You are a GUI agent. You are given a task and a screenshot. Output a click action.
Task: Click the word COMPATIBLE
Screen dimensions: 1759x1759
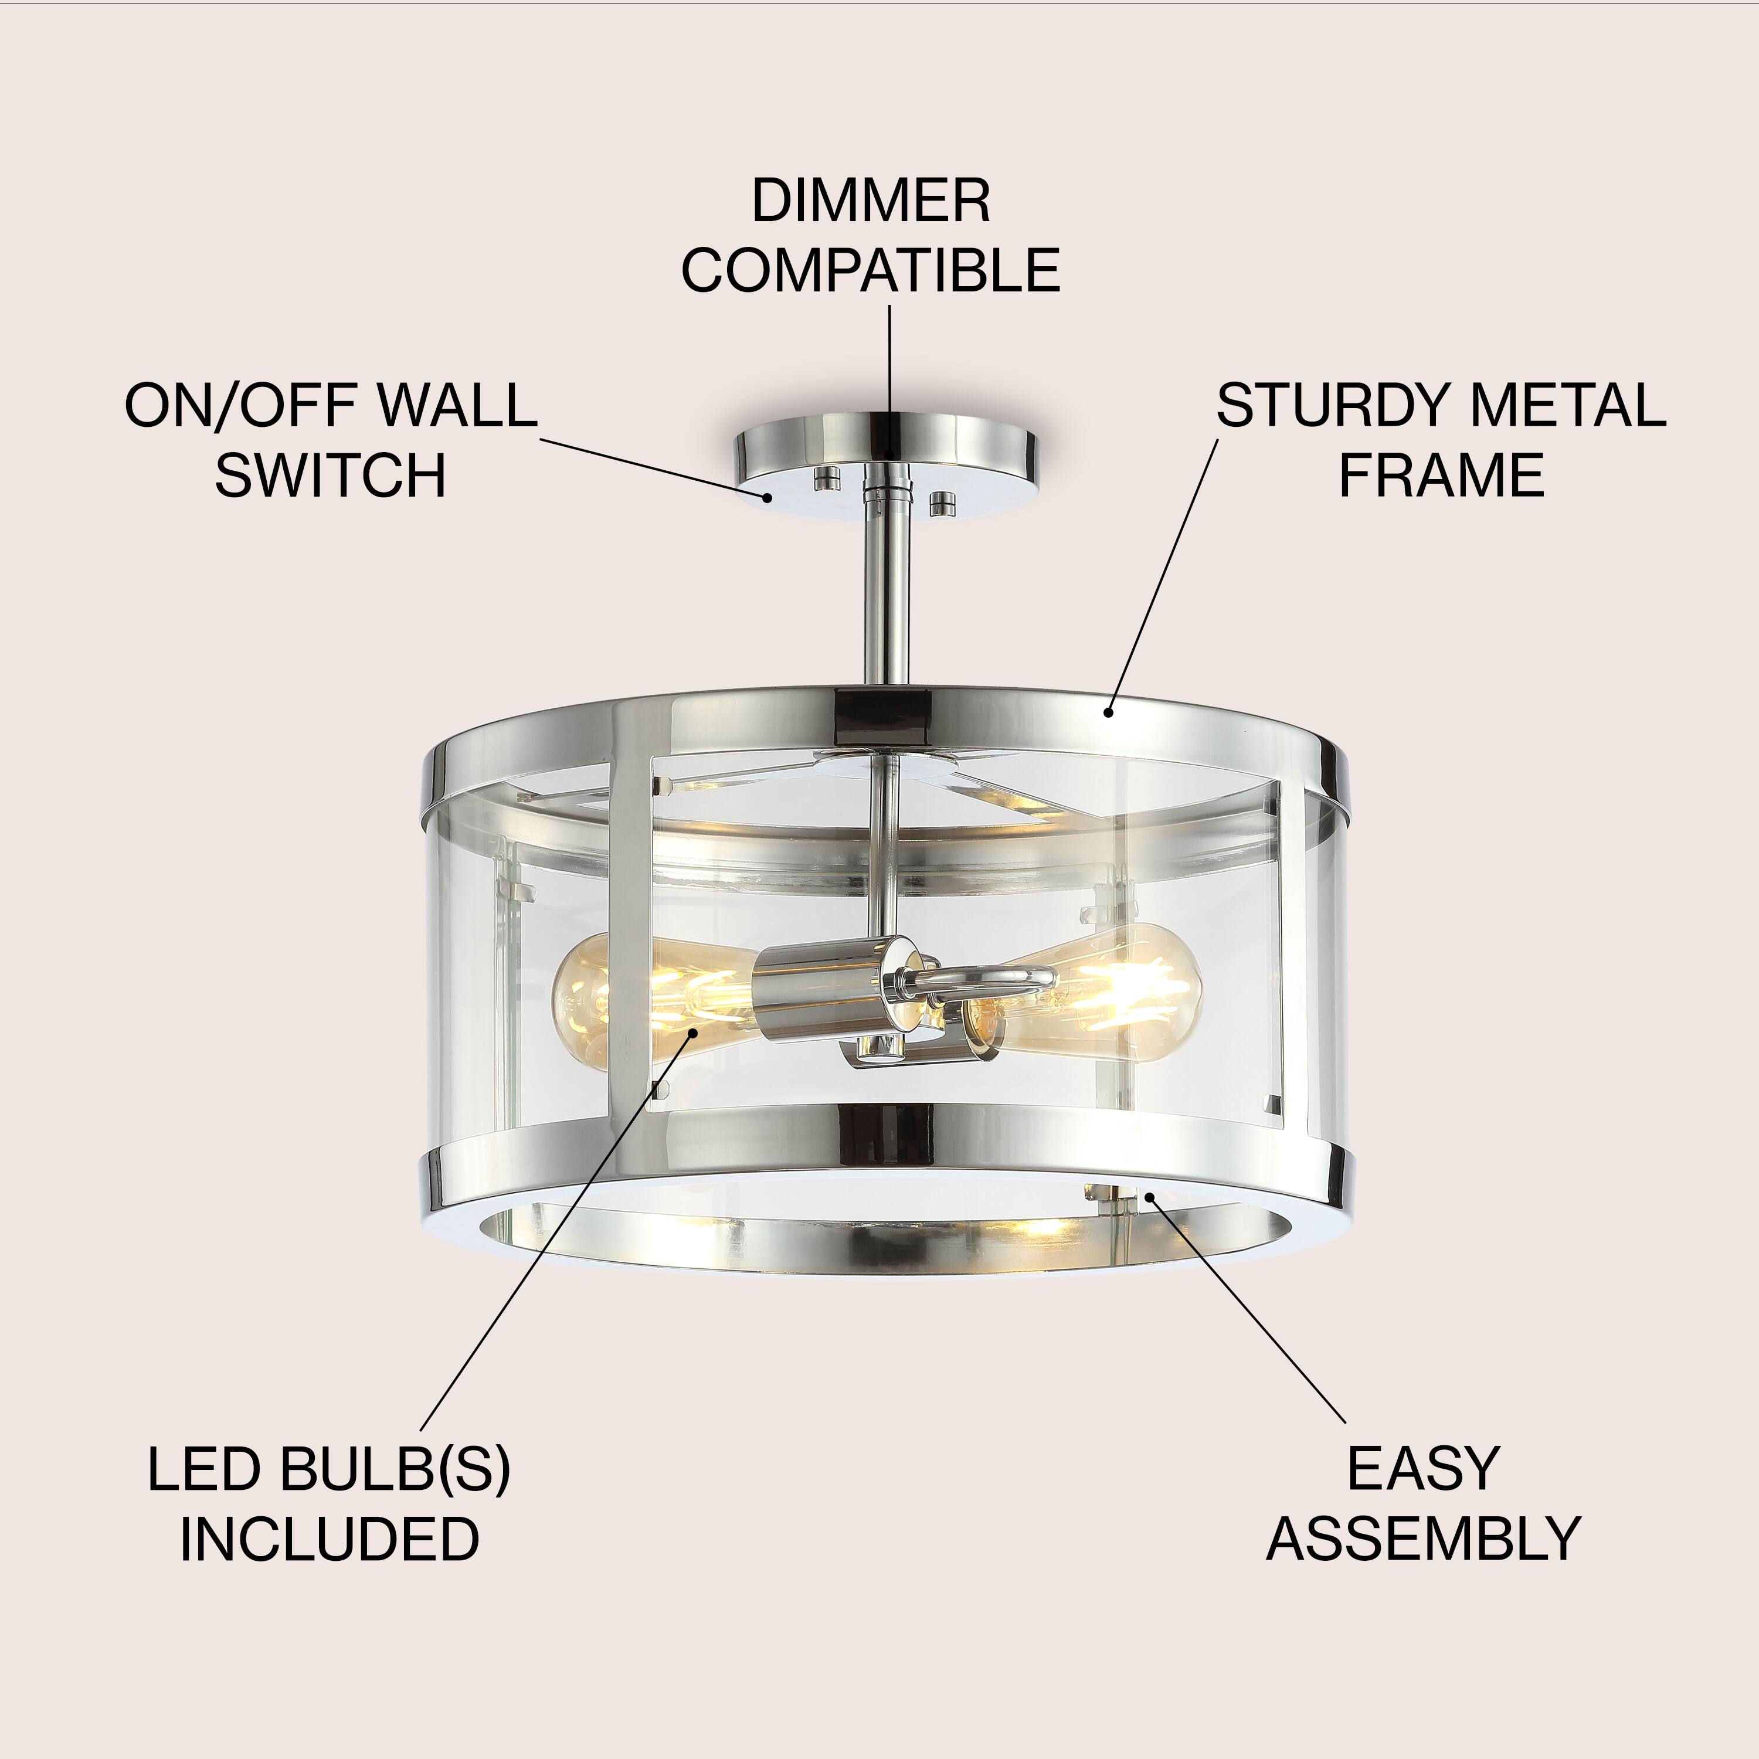tap(870, 270)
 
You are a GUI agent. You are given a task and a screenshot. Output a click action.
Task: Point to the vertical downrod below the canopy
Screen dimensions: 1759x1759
tap(888, 601)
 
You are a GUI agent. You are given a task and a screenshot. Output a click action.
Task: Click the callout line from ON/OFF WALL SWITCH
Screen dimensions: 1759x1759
tap(656, 470)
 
